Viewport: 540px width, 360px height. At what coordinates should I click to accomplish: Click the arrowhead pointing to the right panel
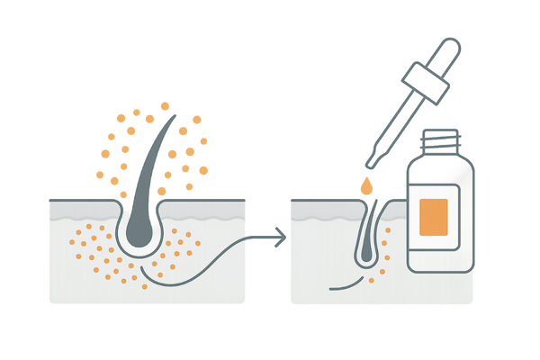pyautogui.click(x=283, y=238)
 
